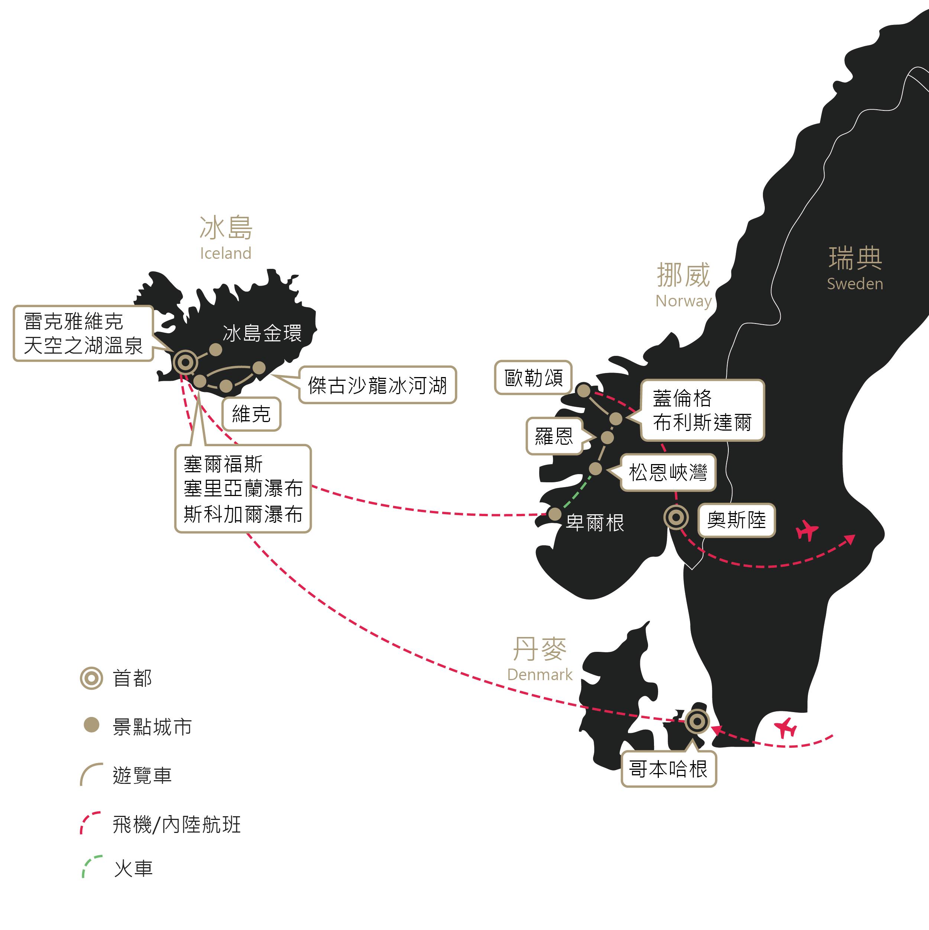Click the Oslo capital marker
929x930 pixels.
coord(676,518)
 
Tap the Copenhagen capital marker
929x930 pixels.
coord(697,721)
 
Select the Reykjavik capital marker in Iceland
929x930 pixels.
coord(185,362)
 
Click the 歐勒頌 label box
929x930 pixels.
coord(533,378)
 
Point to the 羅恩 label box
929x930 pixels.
coord(554,436)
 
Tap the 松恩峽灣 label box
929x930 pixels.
coord(668,473)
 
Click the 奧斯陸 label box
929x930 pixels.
coord(736,520)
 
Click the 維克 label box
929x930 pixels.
coord(251,414)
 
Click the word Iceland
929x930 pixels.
coord(226,253)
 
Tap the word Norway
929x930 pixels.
coord(683,301)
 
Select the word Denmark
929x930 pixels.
coord(540,675)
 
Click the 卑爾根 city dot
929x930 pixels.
coord(555,514)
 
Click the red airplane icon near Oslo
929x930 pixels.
coord(807,531)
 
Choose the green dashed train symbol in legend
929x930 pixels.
coord(91,866)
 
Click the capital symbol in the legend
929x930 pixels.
coord(91,678)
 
